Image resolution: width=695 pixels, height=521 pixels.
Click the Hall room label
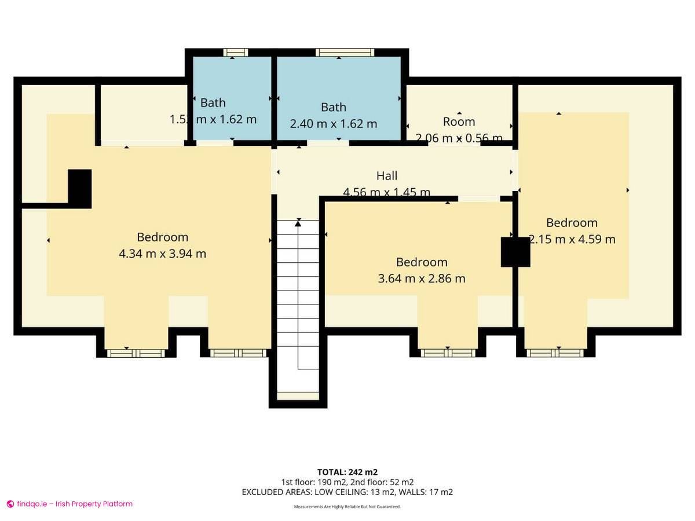pyautogui.click(x=387, y=175)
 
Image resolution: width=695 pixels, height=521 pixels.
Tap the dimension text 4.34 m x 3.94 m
pyautogui.click(x=162, y=254)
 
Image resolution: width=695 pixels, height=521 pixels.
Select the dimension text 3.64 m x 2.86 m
pyautogui.click(x=421, y=278)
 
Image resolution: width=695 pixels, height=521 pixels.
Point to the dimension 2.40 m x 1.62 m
pyautogui.click(x=333, y=124)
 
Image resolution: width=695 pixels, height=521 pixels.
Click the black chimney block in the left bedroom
pyautogui.click(x=80, y=188)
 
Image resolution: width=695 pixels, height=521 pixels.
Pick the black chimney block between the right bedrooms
pyautogui.click(x=515, y=252)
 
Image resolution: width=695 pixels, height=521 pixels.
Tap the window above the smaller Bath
pyautogui.click(x=236, y=53)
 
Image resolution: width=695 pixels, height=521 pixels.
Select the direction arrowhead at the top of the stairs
pyautogui.click(x=298, y=222)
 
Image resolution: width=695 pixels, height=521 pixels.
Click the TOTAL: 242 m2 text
pyautogui.click(x=347, y=472)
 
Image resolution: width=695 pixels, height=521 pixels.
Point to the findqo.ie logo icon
pyautogui.click(x=10, y=504)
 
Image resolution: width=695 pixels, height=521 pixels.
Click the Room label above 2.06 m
pyautogui.click(x=459, y=122)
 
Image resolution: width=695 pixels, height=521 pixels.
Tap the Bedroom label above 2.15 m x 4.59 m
pyautogui.click(x=572, y=223)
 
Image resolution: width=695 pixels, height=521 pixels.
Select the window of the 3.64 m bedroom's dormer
pyautogui.click(x=448, y=353)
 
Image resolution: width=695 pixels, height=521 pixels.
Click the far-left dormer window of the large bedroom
pyautogui.click(x=136, y=353)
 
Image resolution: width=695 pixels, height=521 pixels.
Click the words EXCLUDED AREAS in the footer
pyautogui.click(x=277, y=492)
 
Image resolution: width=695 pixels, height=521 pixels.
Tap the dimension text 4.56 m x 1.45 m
pyautogui.click(x=387, y=192)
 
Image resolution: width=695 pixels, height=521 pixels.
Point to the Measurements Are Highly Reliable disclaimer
pyautogui.click(x=347, y=507)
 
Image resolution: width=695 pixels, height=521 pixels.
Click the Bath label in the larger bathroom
pyautogui.click(x=334, y=107)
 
